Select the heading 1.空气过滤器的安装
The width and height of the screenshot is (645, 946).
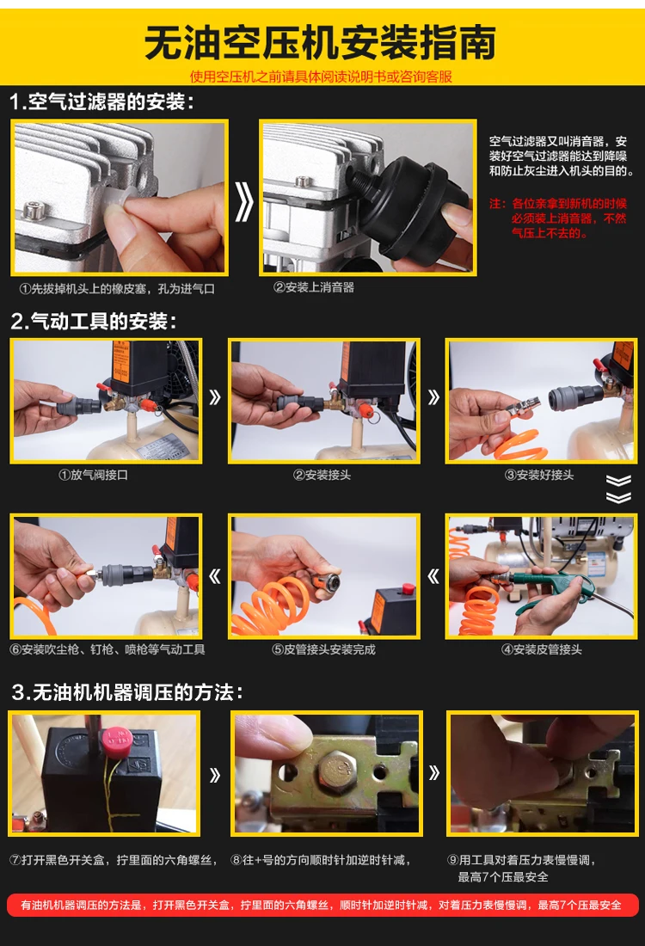[102, 102]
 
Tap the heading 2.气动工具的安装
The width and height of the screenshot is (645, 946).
[94, 322]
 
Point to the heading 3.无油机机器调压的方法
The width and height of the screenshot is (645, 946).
[127, 691]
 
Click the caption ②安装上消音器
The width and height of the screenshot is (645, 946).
[314, 287]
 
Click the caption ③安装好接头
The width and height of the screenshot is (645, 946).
[539, 475]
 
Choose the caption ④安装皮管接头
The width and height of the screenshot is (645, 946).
[542, 649]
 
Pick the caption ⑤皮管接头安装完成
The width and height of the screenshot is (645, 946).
[323, 649]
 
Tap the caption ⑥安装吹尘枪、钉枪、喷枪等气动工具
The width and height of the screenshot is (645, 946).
[107, 649]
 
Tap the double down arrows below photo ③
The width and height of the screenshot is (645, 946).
[618, 488]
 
